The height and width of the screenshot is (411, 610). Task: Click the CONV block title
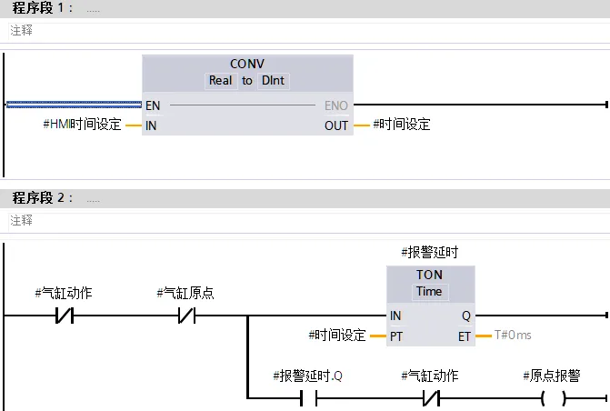click(246, 64)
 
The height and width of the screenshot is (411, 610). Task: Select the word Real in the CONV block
click(221, 81)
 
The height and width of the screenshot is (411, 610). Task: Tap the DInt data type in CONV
click(273, 81)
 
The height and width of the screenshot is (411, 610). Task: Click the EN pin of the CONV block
click(153, 105)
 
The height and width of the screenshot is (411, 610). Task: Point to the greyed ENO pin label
click(335, 105)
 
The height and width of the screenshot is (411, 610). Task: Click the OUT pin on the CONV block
click(336, 125)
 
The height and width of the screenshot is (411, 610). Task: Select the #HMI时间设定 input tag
click(82, 125)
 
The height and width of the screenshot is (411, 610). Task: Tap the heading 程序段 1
click(39, 8)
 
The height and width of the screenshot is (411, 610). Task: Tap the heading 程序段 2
click(39, 197)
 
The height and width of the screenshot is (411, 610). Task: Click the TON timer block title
click(429, 275)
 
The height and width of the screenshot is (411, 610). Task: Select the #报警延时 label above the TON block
click(429, 251)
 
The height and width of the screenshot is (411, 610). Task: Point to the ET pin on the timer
click(465, 336)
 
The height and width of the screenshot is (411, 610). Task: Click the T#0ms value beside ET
click(512, 336)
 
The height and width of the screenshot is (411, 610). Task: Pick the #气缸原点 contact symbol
click(185, 316)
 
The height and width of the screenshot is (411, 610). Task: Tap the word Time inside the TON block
click(429, 291)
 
